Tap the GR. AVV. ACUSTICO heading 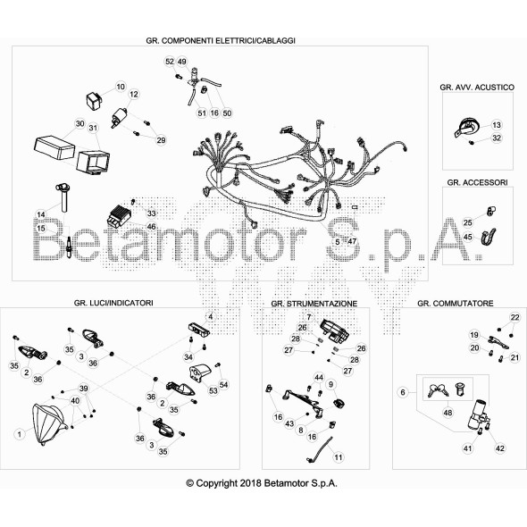coord(476,88)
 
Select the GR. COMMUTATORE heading coord(455,304)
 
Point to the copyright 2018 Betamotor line coord(263,482)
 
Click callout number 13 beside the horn coord(497,125)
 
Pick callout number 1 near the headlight coord(19,433)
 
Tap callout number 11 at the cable coord(339,459)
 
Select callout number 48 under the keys coord(448,413)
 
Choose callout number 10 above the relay coord(121,87)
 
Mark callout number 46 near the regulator coord(151,228)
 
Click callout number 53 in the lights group coord(213,391)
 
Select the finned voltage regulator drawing coord(122,213)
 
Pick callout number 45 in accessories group coord(467,237)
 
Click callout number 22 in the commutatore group coord(514,318)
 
